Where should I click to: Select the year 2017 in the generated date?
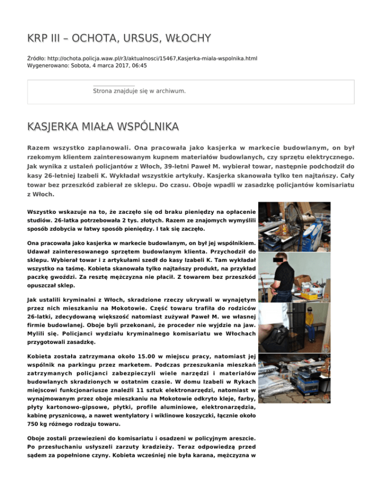[114, 65]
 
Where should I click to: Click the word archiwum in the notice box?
[170, 91]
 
